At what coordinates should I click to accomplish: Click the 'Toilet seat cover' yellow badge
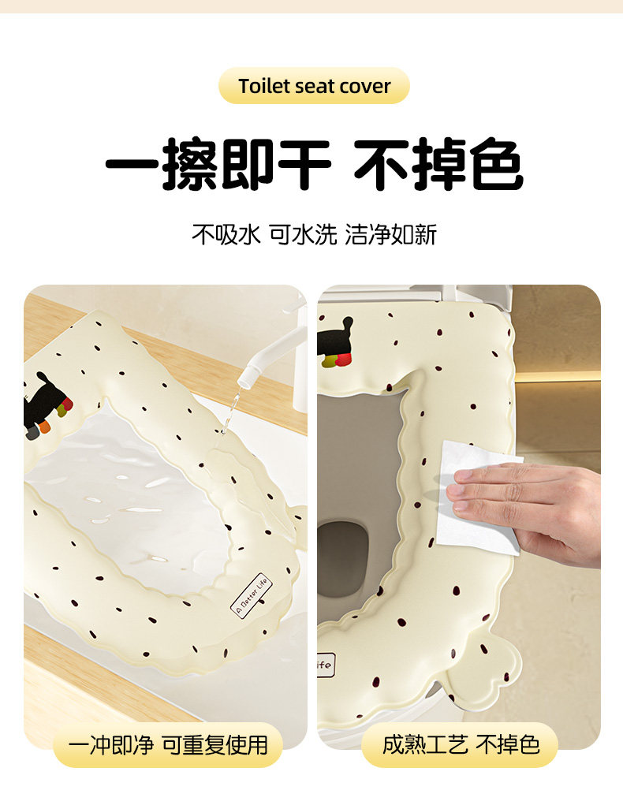(315, 86)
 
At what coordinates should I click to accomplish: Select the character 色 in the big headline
(495, 164)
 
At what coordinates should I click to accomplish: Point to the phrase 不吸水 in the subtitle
(226, 235)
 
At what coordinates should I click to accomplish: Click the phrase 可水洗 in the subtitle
(303, 235)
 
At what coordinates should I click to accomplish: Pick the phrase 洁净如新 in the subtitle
(391, 235)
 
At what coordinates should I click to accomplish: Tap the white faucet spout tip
(246, 378)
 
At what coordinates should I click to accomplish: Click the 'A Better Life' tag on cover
(251, 595)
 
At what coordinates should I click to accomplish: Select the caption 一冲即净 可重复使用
(168, 745)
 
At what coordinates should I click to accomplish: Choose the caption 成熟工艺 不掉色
(461, 744)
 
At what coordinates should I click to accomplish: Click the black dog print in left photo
(45, 405)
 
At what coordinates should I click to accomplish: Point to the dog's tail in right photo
(349, 325)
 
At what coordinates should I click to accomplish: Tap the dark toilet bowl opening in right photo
(342, 546)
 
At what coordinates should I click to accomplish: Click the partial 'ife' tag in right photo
(326, 665)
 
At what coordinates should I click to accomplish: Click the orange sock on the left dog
(45, 426)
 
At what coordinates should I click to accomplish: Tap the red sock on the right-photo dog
(343, 360)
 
